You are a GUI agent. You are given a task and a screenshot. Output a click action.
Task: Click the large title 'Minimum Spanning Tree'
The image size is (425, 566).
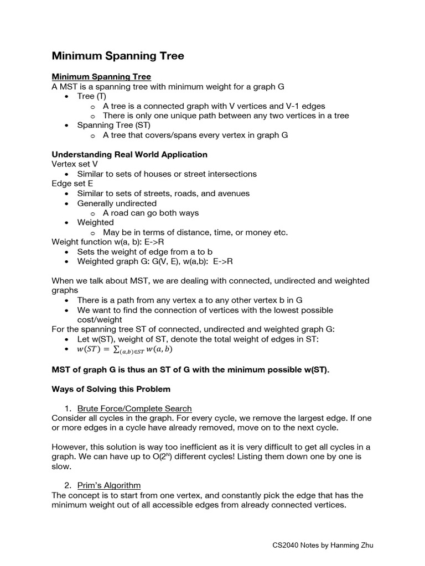tap(118, 56)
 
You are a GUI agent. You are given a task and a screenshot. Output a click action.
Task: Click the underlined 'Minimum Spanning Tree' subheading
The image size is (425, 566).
tap(101, 76)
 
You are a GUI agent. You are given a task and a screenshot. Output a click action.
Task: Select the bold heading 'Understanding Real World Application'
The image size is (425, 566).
tap(129, 154)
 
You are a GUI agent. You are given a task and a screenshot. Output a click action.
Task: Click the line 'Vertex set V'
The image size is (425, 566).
tap(75, 164)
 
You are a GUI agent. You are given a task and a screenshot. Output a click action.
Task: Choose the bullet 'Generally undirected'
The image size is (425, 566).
tap(117, 203)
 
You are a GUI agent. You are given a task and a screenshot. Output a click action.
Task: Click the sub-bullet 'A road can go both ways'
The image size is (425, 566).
tap(151, 213)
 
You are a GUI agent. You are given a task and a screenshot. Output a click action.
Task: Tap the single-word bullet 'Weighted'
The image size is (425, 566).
tap(95, 222)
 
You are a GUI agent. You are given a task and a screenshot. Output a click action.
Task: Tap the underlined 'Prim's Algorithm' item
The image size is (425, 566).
tap(109, 485)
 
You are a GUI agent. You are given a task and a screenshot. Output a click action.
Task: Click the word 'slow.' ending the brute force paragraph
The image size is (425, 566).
tap(61, 467)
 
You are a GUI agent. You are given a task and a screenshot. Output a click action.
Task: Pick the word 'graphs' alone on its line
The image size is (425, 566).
tap(65, 290)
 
